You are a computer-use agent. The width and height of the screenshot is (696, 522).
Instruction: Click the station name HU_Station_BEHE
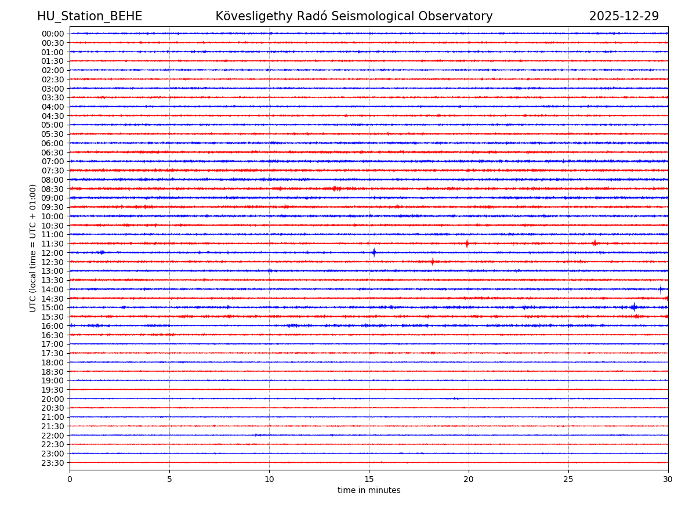click(89, 17)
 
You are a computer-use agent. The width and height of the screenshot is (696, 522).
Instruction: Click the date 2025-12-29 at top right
click(623, 17)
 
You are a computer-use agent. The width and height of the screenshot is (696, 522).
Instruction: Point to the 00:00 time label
click(53, 34)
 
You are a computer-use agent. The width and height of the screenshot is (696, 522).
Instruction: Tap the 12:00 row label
click(53, 253)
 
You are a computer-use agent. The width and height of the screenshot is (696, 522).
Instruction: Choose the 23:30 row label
click(53, 463)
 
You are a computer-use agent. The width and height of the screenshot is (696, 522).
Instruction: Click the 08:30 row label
click(53, 189)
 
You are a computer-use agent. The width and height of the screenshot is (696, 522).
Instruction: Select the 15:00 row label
click(53, 307)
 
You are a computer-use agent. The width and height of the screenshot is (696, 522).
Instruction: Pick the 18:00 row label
click(53, 362)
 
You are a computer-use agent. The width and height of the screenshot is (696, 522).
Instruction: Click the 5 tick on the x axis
click(169, 480)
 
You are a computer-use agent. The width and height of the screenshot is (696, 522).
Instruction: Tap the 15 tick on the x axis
click(369, 480)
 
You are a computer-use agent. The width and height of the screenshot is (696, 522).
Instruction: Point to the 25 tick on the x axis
click(568, 480)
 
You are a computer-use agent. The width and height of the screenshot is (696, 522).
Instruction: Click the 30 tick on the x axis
click(668, 480)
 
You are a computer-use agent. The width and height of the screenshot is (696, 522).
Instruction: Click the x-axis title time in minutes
click(369, 491)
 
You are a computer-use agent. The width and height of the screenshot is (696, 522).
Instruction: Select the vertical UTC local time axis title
click(33, 248)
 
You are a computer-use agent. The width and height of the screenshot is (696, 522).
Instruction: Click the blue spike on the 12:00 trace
click(374, 252)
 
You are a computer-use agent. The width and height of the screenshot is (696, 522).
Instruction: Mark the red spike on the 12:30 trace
click(432, 262)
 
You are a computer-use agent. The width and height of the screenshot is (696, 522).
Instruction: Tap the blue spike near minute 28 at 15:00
click(634, 307)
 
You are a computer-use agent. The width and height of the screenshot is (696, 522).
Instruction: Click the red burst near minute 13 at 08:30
click(335, 188)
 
